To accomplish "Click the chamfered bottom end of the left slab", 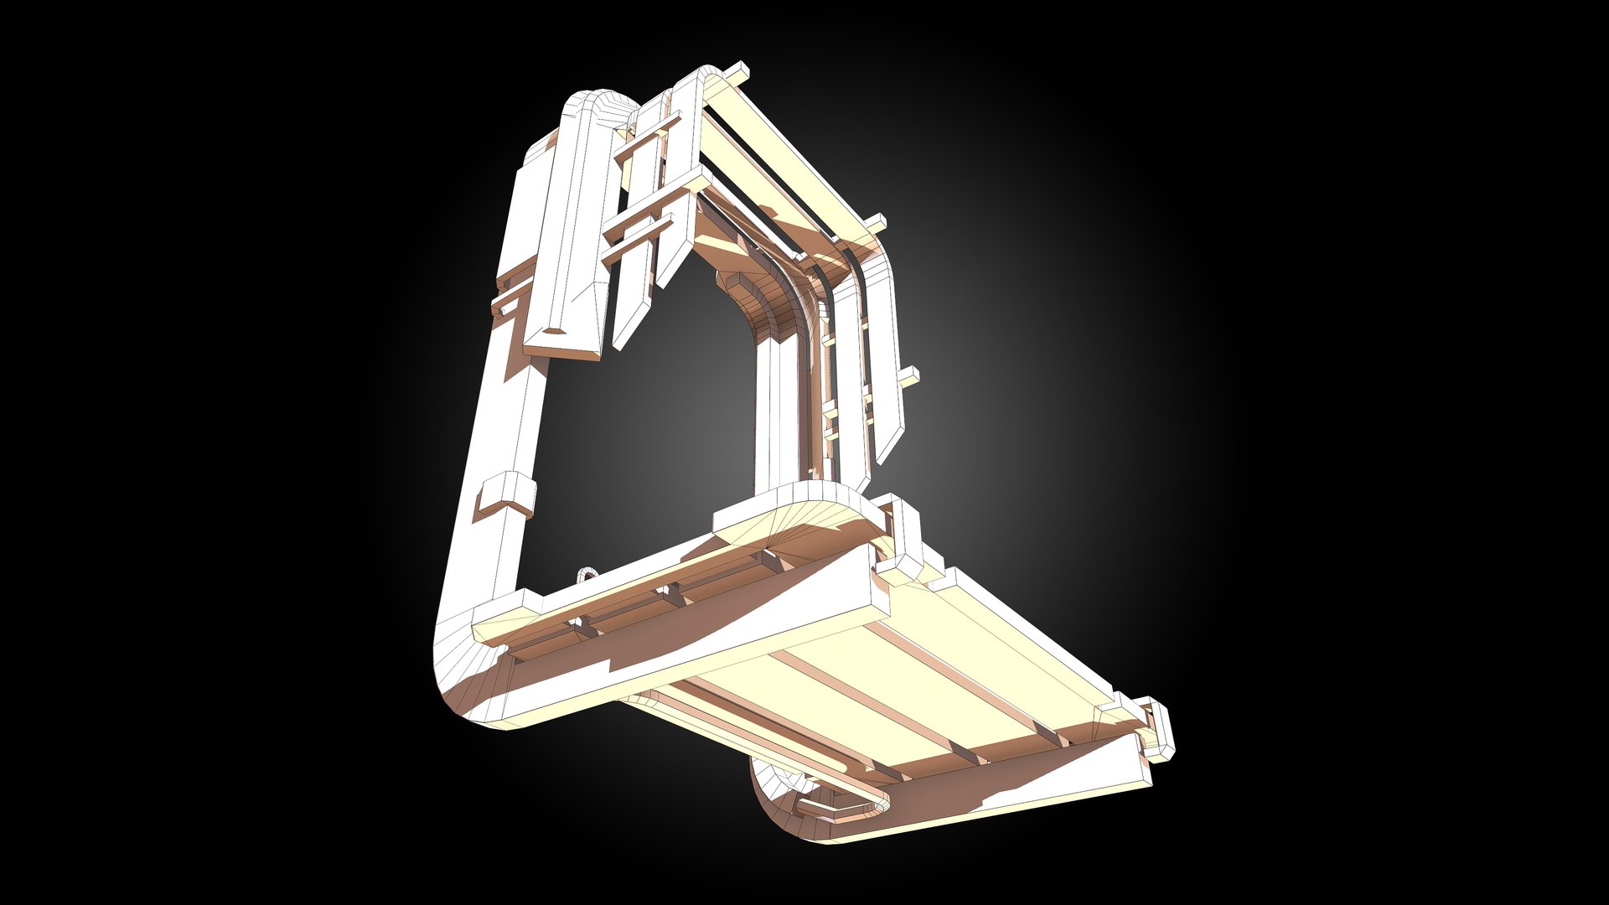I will [x=563, y=340].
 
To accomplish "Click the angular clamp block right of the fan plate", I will [x=901, y=536].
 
